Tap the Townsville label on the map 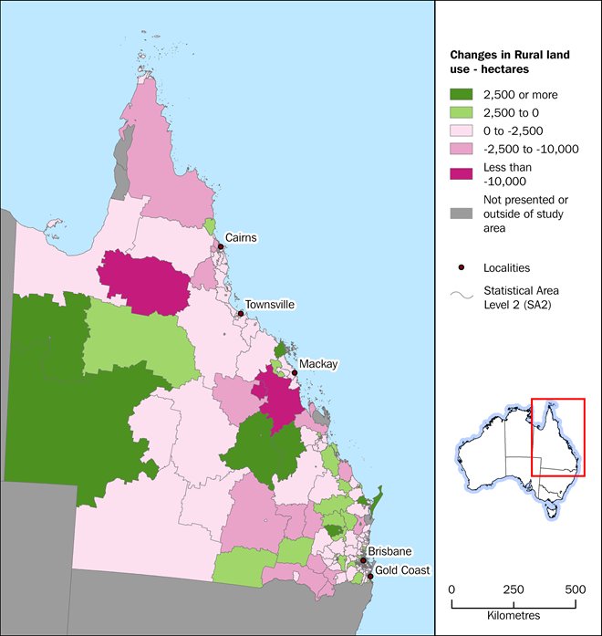tap(269, 305)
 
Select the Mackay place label tap(319, 364)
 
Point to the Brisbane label tap(391, 551)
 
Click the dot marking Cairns tap(221, 246)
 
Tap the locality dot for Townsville tap(240, 314)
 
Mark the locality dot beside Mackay tap(294, 372)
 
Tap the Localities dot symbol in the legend tap(462, 267)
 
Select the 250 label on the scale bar tap(514, 589)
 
